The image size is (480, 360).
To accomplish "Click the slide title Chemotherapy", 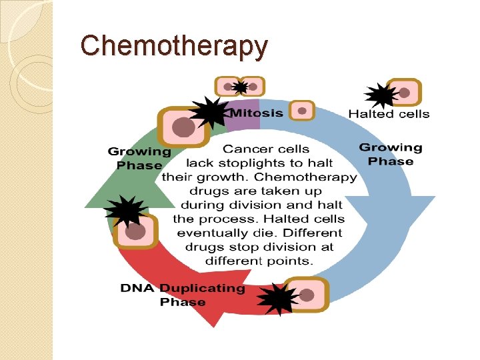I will (174, 45).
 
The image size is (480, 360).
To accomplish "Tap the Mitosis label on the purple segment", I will (256, 113).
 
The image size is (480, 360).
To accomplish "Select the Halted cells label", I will (389, 114).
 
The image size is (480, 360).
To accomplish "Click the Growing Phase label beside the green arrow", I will (139, 159).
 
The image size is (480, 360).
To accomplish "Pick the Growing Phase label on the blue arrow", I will (391, 154).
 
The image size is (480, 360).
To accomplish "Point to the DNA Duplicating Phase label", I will (183, 295).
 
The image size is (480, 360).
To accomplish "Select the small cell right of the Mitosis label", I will (302, 111).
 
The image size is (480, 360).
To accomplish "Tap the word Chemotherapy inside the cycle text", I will (305, 177).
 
